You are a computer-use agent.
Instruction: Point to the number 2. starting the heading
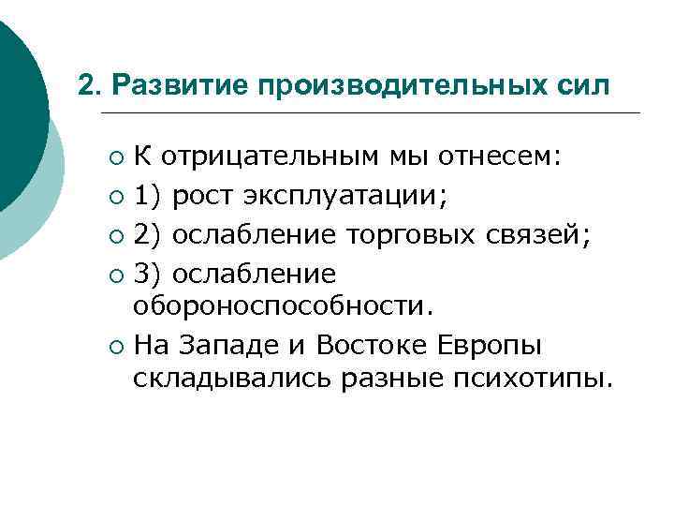tap(90, 85)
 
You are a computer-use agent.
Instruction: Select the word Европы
tap(491, 346)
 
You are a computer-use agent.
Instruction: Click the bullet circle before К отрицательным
tap(113, 157)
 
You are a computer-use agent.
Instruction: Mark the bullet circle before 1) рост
tap(113, 198)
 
